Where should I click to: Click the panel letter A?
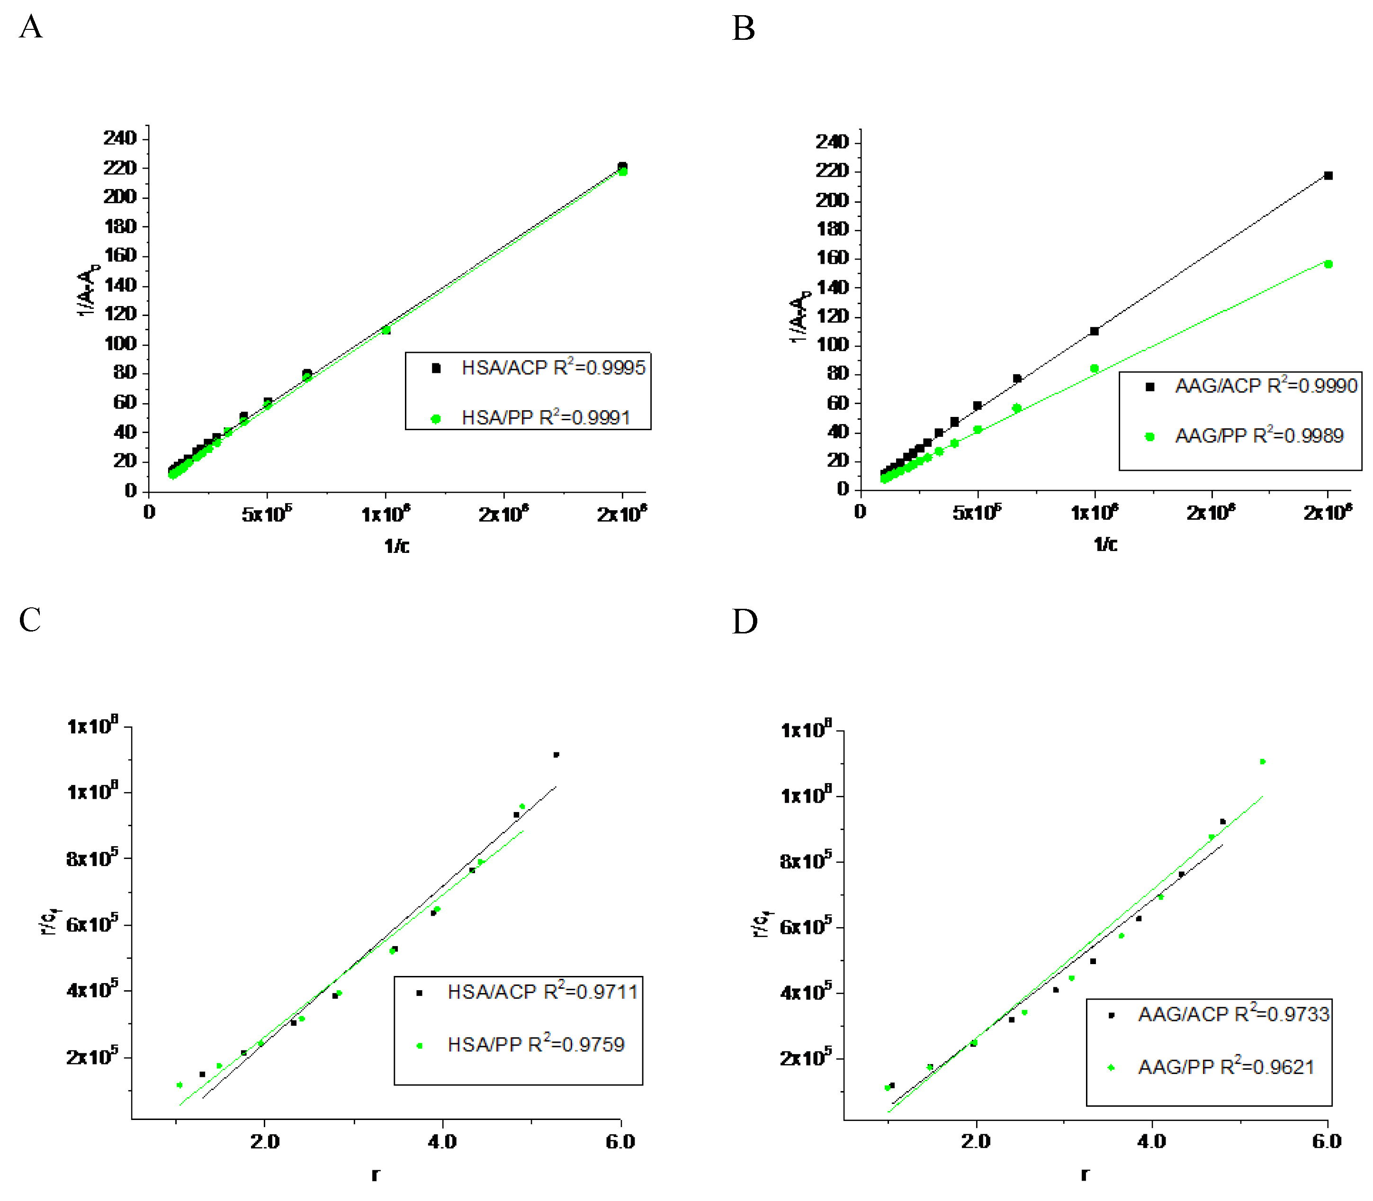pos(31,28)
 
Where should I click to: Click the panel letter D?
pos(745,622)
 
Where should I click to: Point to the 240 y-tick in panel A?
pos(119,138)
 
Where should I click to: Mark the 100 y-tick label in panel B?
pos(832,345)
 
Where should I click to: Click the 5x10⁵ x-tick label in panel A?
pos(267,514)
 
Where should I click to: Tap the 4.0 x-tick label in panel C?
pos(442,1141)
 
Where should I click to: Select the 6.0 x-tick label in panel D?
pos(1327,1141)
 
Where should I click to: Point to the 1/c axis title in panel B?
pos(1105,544)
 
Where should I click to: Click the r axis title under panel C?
pos(375,1174)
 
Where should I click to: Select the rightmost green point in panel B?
pos(1328,264)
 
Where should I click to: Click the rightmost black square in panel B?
pos(1328,176)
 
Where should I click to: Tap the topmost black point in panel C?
pos(556,755)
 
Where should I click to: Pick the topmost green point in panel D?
pos(1263,761)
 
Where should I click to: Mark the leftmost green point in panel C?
pos(179,1084)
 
